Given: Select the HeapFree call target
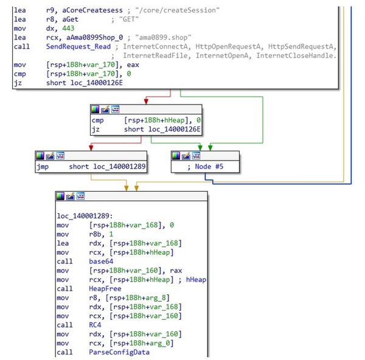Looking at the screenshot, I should pos(105,288).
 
